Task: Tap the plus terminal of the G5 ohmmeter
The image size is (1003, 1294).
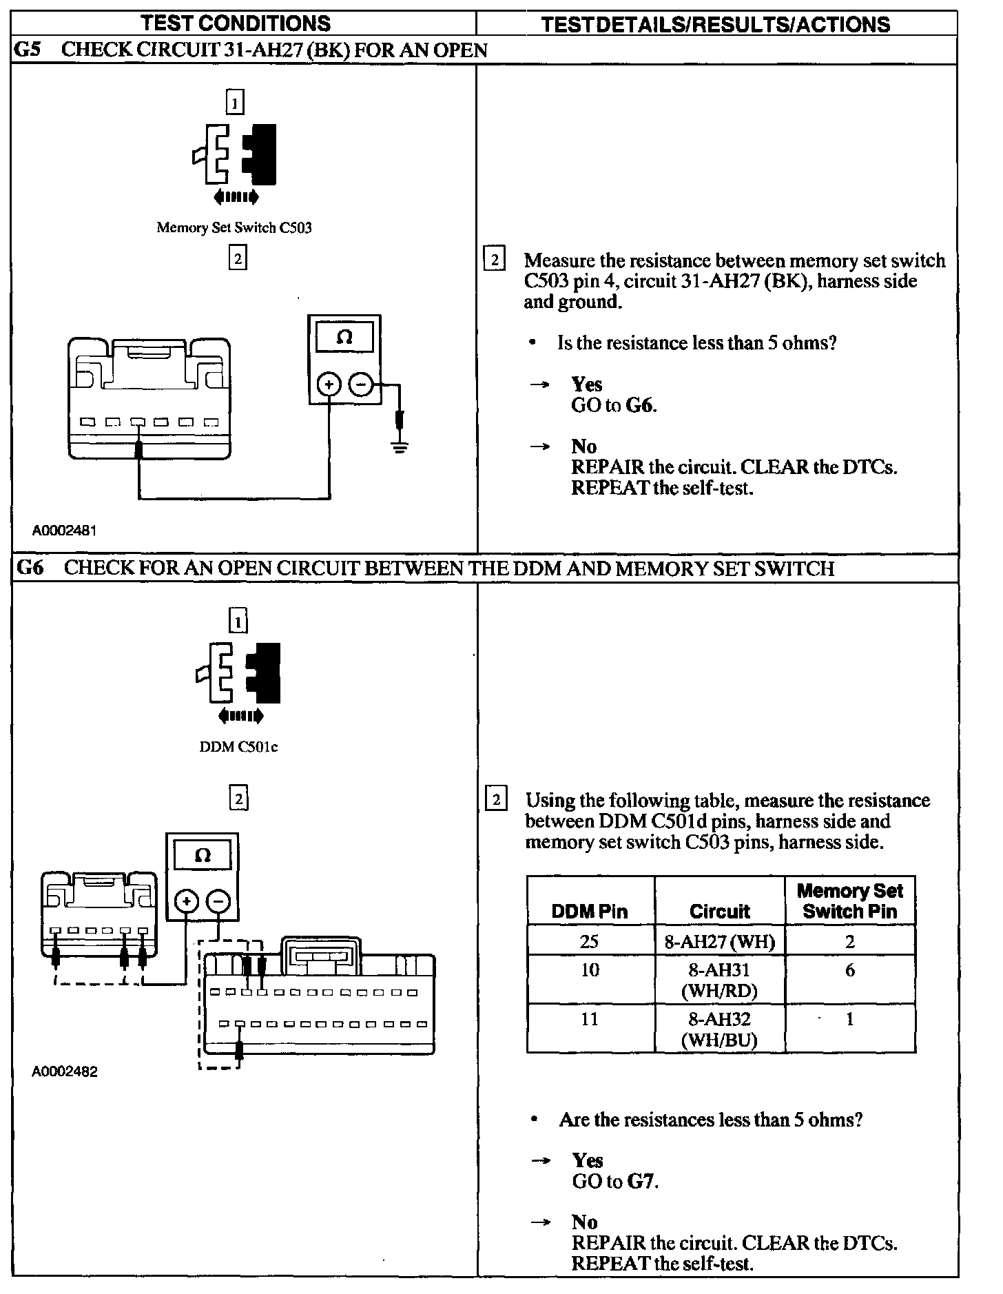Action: pos(329,384)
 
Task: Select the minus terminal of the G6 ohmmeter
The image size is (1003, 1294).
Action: pos(218,901)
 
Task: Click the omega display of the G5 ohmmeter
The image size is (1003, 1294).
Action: pos(344,338)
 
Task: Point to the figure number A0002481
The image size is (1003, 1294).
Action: pos(64,531)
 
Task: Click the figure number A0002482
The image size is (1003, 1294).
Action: pos(64,1071)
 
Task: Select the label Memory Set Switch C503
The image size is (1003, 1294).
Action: pos(234,227)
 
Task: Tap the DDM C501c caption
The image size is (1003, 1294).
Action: pos(238,747)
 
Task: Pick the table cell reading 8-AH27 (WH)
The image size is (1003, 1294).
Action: pos(719,941)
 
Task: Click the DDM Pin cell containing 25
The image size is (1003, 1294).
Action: pos(590,941)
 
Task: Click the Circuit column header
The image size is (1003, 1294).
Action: pos(719,911)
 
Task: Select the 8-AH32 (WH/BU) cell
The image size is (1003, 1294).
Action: pos(719,1029)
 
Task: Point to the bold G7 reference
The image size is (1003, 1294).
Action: pos(641,1182)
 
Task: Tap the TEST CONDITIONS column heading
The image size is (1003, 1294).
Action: pos(236,23)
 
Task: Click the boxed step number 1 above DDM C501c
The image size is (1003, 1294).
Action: pos(238,622)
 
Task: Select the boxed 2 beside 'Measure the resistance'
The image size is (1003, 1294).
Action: pos(494,260)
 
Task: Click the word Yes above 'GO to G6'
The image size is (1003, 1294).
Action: pos(586,384)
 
